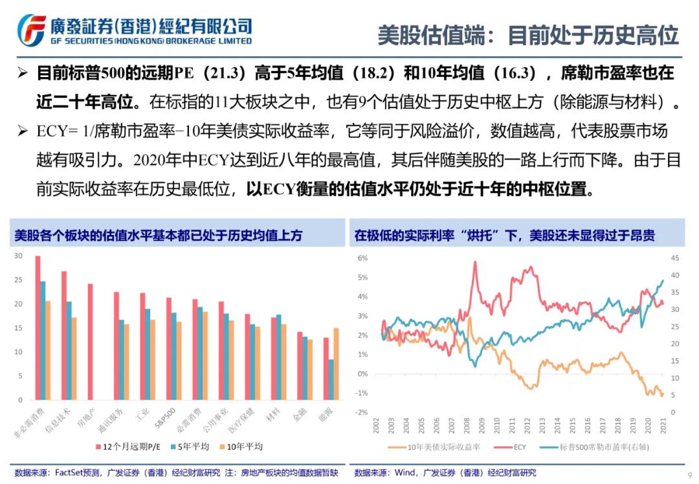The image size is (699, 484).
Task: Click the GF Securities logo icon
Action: pyautogui.click(x=31, y=29)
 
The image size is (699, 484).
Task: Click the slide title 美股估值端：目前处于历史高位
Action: pyautogui.click(x=527, y=35)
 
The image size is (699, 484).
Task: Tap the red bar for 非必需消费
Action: pyautogui.click(x=38, y=328)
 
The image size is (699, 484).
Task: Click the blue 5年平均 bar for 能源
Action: pyautogui.click(x=331, y=380)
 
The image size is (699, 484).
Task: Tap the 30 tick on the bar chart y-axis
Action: pyautogui.click(x=18, y=256)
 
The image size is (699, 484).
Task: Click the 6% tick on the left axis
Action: pyautogui.click(x=363, y=258)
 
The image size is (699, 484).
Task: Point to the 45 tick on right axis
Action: pyautogui.click(x=674, y=258)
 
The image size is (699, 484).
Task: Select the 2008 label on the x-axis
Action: pyautogui.click(x=467, y=425)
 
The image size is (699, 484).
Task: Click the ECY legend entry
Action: pyautogui.click(x=519, y=446)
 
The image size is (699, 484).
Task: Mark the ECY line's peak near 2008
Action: pyautogui.click(x=475, y=262)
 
